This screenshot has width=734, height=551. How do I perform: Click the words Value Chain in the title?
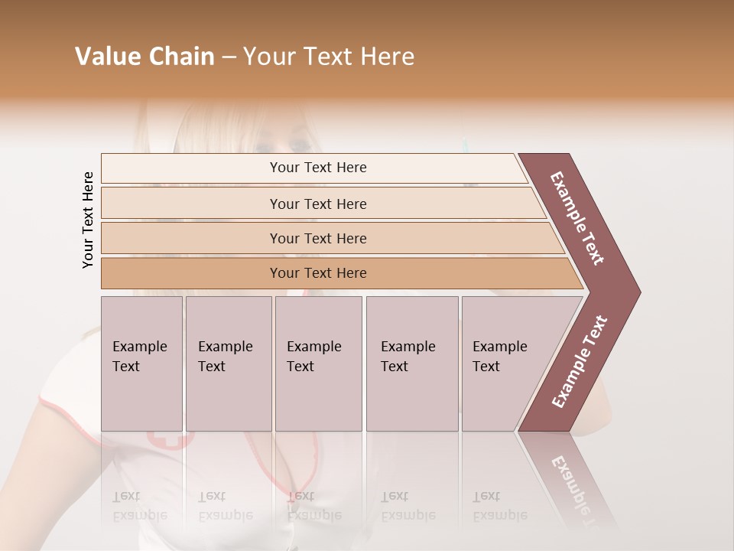point(145,57)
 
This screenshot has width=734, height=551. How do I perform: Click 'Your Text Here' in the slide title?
point(329,57)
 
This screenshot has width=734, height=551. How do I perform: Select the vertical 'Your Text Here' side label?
point(88,220)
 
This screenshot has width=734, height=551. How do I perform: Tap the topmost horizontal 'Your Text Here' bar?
point(317,168)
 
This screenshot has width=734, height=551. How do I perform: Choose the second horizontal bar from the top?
point(317,204)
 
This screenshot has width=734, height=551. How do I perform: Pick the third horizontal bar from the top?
point(317,238)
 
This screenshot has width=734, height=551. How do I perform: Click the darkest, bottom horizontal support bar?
point(317,273)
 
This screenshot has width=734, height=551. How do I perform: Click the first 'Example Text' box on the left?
point(141,363)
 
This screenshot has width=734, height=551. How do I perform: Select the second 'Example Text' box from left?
point(228,363)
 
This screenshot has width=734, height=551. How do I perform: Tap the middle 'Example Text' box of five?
point(318,363)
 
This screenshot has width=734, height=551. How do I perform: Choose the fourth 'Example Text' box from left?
point(411,363)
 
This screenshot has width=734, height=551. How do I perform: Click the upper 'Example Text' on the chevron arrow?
point(577,218)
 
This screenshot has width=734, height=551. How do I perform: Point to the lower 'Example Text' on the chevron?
point(579,361)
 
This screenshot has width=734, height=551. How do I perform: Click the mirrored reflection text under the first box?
point(139,505)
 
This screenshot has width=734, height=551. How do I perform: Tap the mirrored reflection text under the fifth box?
point(499,505)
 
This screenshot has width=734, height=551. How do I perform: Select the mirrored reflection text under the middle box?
point(313,505)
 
